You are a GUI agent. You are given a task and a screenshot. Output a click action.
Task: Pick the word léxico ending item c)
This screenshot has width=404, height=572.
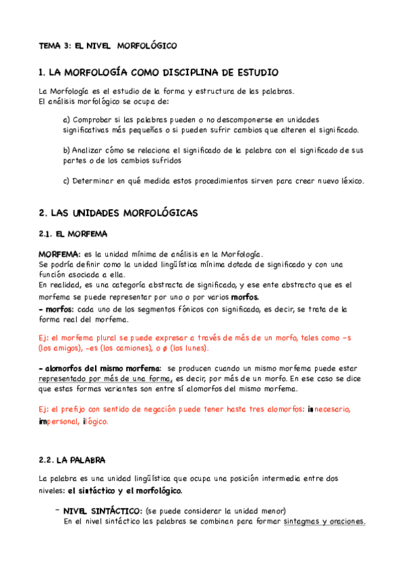[x=348, y=181]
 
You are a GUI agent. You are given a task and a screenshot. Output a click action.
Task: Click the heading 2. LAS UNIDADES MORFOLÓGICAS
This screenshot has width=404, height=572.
[x=118, y=212]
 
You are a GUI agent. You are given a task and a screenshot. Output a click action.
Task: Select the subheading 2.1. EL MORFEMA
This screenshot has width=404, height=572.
[x=73, y=234]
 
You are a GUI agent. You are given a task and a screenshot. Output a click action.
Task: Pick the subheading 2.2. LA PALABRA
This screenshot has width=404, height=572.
[x=73, y=460]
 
